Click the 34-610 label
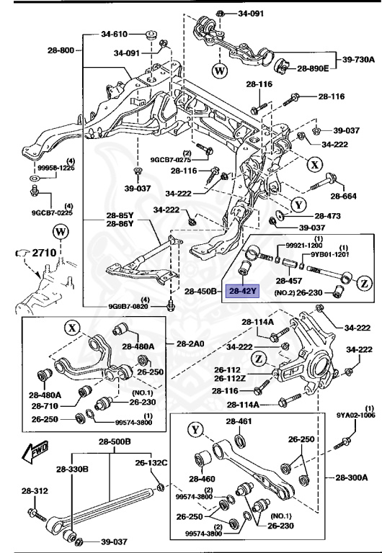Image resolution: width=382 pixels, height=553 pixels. pos(114,34)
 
